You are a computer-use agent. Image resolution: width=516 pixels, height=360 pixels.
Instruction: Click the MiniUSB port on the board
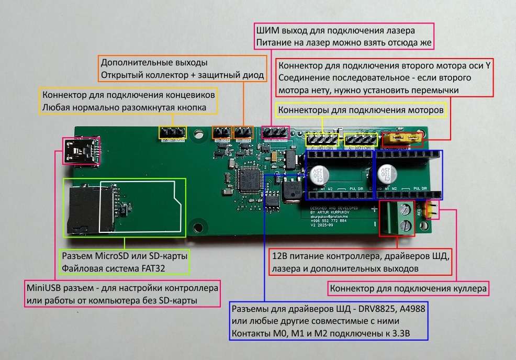point(82,152)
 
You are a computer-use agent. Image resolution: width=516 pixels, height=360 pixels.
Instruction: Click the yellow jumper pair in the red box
point(403,139)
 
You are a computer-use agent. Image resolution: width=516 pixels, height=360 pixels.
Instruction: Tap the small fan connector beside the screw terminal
point(431,210)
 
